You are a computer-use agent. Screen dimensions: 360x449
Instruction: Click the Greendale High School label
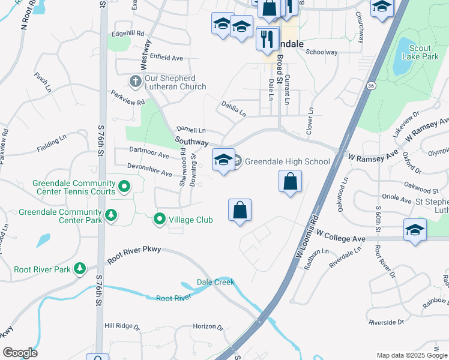(288, 161)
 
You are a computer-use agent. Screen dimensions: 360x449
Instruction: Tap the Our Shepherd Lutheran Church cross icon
(135, 80)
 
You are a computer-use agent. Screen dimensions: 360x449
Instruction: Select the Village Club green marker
(160, 220)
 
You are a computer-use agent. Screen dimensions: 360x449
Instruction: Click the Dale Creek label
(215, 282)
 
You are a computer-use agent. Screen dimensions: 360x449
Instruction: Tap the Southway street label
(191, 141)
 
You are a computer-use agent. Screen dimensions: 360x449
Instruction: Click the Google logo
(20, 353)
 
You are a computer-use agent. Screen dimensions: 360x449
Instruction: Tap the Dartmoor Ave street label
(149, 153)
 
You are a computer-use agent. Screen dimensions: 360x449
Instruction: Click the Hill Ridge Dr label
(122, 326)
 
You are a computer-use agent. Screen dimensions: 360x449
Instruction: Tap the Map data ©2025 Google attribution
(411, 355)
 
